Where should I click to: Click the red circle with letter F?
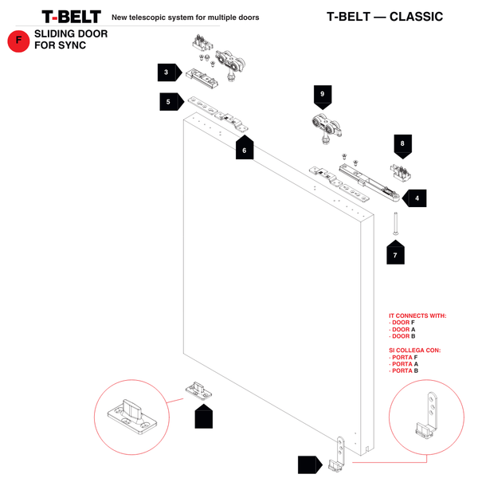pyautogui.click(x=18, y=41)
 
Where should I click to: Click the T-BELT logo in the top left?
pyautogui.click(x=71, y=16)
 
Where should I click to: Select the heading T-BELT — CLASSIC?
pyautogui.click(x=385, y=17)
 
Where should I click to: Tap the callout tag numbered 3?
pyautogui.click(x=168, y=72)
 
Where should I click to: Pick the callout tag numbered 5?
pyautogui.click(x=170, y=102)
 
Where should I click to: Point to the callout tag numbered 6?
pyautogui.click(x=245, y=148)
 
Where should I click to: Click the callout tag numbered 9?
pyautogui.click(x=322, y=96)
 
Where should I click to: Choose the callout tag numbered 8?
pyautogui.click(x=402, y=144)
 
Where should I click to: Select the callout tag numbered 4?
pyautogui.click(x=415, y=197)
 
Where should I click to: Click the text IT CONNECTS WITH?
pyautogui.click(x=417, y=315)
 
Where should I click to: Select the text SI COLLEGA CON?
pyautogui.click(x=414, y=350)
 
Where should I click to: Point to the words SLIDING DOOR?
pyautogui.click(x=71, y=34)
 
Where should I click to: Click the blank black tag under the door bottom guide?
pyautogui.click(x=204, y=417)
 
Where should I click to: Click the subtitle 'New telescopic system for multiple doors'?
pyautogui.click(x=185, y=17)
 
